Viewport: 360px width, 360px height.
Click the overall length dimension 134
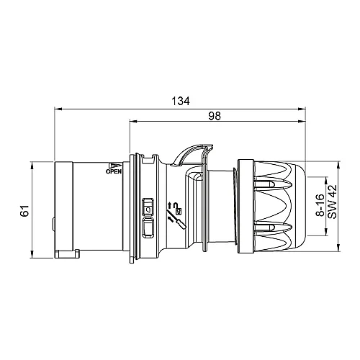(x=181, y=102)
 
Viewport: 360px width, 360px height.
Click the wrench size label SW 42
(x=333, y=202)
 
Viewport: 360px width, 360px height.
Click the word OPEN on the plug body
(x=114, y=172)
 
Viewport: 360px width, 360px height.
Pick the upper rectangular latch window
(x=148, y=206)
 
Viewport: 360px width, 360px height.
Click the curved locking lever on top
(x=188, y=152)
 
